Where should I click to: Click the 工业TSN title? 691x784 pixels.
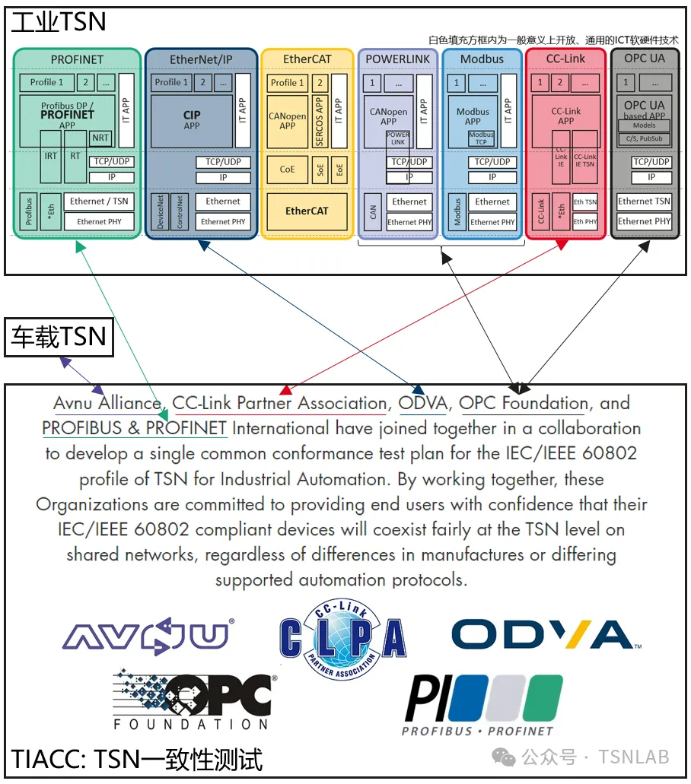click(59, 22)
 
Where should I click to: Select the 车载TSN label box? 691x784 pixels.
click(59, 337)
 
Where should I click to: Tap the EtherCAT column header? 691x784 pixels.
click(307, 59)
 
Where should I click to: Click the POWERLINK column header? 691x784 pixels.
click(397, 59)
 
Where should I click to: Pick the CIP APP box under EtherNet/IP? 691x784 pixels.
click(191, 120)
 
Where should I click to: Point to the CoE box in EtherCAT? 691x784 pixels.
click(287, 169)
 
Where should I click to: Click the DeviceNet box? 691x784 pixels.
click(161, 211)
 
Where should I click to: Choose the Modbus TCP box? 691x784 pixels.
click(481, 138)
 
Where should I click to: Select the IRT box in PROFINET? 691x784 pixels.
click(50, 156)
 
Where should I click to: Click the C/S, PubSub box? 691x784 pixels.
click(644, 138)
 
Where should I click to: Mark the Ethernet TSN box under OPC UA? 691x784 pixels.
click(644, 202)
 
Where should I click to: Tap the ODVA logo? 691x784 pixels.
click(546, 635)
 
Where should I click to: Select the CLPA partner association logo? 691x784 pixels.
click(342, 637)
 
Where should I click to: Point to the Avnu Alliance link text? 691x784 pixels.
click(107, 403)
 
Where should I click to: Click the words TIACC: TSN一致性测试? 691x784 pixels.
click(137, 758)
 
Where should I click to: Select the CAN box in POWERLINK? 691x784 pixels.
click(373, 211)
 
